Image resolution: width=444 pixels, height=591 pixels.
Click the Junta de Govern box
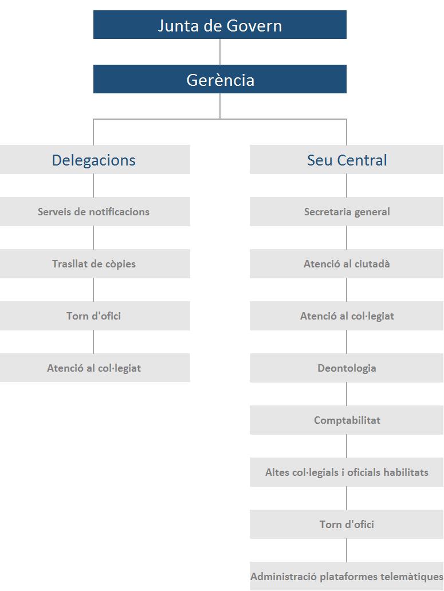(220, 25)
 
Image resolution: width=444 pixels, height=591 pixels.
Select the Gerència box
(220, 79)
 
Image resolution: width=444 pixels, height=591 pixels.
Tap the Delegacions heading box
(95, 159)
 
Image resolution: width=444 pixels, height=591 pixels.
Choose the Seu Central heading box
(347, 159)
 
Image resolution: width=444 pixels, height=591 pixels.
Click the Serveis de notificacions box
(95, 211)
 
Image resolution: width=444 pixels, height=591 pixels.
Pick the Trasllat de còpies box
(95, 263)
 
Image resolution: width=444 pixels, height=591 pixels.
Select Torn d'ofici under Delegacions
(95, 316)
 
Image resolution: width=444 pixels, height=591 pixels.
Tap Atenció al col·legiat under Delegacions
(95, 368)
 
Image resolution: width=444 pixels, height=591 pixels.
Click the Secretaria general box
(347, 211)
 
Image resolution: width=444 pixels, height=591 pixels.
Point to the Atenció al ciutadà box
(347, 263)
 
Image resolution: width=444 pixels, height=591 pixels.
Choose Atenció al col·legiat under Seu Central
(347, 316)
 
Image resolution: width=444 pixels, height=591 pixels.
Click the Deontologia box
(347, 368)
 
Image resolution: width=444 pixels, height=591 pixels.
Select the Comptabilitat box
(347, 420)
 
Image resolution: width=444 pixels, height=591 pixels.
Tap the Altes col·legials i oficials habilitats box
(347, 472)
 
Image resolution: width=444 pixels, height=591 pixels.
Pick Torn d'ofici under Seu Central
(347, 524)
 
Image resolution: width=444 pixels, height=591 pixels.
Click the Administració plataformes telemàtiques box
(347, 576)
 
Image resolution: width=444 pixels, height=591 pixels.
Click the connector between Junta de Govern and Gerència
(220, 52)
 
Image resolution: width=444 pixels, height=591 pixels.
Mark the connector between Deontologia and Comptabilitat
(347, 394)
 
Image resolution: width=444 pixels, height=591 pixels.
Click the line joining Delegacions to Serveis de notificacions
(93, 186)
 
